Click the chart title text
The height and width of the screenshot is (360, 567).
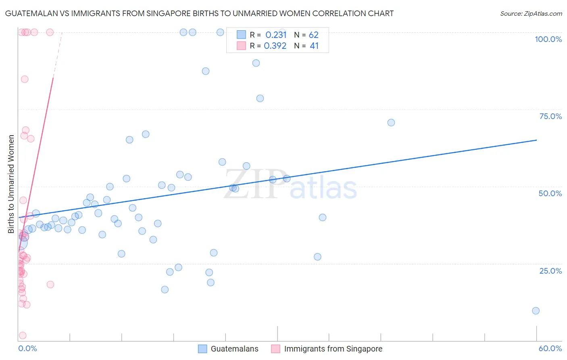(199, 13)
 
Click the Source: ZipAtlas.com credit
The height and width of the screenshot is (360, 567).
(531, 13)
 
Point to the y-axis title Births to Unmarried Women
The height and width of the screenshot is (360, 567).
(11, 184)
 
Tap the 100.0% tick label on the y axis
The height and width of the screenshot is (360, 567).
(548, 39)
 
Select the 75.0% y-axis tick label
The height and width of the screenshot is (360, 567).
(550, 116)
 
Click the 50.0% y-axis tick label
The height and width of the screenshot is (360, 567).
(550, 193)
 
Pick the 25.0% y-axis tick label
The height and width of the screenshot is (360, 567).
(550, 271)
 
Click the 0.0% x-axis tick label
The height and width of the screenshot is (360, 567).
(27, 348)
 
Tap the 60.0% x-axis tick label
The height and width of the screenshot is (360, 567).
(550, 348)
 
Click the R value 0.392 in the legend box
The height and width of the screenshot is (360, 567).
(275, 46)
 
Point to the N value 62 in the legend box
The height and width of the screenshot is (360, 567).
(313, 35)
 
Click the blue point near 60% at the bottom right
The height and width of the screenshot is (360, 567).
(536, 311)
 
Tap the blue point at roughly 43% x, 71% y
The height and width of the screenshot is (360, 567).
(391, 123)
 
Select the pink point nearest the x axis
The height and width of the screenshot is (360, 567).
(23, 336)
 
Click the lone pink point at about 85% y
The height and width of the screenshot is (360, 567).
(25, 79)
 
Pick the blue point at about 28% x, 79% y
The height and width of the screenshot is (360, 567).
(260, 98)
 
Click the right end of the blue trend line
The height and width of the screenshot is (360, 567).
(536, 140)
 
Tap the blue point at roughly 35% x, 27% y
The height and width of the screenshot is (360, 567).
(317, 257)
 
